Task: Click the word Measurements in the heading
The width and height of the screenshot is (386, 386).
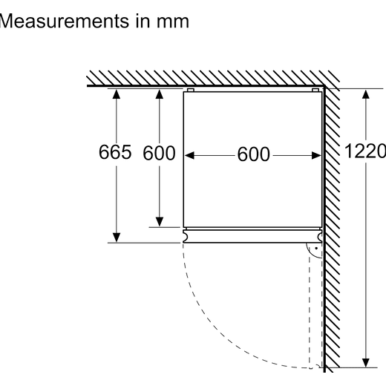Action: [65, 21]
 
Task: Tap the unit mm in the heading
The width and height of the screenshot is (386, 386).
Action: [173, 22]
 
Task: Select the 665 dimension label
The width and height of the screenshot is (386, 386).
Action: [115, 151]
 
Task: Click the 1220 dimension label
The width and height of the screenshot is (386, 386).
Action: [365, 151]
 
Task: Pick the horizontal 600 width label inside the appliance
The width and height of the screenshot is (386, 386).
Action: [253, 154]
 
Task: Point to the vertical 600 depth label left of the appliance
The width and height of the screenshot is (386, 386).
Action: [159, 153]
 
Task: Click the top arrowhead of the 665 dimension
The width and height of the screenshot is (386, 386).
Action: [117, 94]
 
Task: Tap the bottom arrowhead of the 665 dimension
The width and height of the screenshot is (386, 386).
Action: [117, 238]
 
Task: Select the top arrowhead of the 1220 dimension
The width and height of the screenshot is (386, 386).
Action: [366, 94]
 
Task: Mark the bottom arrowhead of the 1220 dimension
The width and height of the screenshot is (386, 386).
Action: [366, 362]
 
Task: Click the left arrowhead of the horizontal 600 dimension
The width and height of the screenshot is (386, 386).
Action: [189, 155]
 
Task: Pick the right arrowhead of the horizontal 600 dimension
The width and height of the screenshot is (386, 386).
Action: [316, 155]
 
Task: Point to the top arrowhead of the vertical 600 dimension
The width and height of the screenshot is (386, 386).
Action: [160, 94]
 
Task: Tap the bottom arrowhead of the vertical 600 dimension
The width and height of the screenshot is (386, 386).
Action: [160, 222]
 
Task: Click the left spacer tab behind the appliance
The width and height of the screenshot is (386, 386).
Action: [190, 90]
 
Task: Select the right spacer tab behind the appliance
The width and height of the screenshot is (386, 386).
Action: [315, 90]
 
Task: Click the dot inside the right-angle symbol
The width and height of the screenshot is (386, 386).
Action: [316, 248]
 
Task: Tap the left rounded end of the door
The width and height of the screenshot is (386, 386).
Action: [186, 236]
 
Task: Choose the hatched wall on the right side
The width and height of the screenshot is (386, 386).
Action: [332, 228]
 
